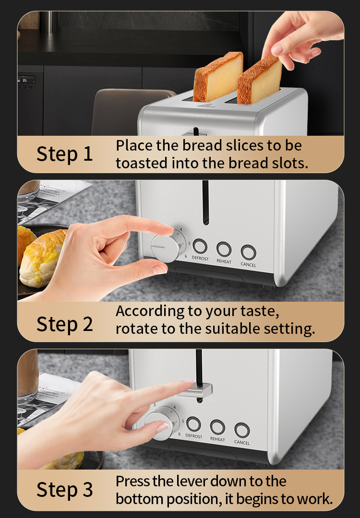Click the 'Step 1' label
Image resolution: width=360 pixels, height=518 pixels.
[x=64, y=154]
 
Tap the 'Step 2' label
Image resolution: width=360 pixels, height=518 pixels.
[x=64, y=324]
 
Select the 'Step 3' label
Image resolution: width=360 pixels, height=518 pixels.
[x=64, y=489]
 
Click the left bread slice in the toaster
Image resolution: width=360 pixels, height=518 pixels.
[x=218, y=77]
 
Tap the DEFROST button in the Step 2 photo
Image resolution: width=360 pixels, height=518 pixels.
[x=200, y=246]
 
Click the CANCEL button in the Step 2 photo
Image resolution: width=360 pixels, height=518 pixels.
[x=248, y=252]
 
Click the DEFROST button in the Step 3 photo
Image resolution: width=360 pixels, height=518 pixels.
[x=194, y=424]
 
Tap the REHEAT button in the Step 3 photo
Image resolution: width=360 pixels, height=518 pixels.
[x=217, y=427]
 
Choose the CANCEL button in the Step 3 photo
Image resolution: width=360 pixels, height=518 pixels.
[x=242, y=430]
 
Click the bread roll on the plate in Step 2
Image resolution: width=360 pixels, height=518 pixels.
[x=41, y=258]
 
